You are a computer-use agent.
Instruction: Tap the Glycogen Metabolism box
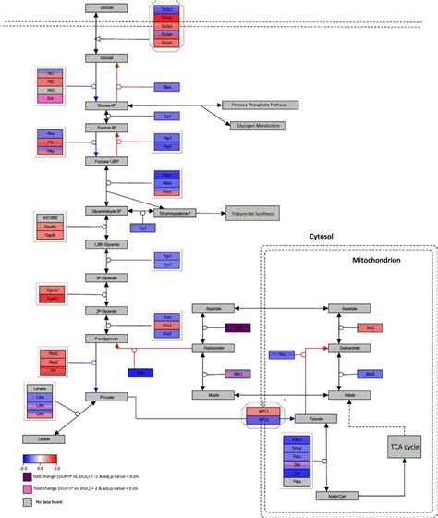tap(252, 125)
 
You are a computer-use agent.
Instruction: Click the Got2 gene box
tap(371, 327)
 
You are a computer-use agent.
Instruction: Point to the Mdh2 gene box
tap(371, 374)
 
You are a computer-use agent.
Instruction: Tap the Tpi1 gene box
tap(143, 227)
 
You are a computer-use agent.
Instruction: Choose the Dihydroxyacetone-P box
tap(173, 212)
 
